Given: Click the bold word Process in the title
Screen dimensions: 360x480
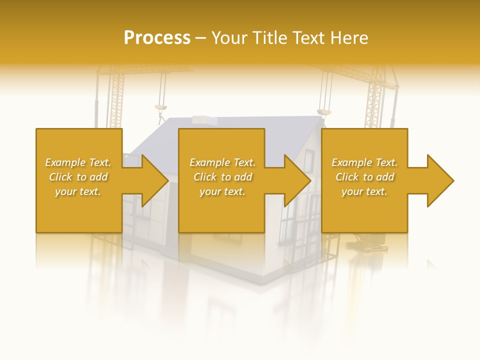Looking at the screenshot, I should tap(157, 37).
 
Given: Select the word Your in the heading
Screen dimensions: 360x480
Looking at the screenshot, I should tap(229, 37).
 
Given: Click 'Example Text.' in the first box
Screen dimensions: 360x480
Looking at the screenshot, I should tap(78, 162).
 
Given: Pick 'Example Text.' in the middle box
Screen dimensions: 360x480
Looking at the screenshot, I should tap(222, 162).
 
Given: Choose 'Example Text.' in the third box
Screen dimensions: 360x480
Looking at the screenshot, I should tap(364, 162).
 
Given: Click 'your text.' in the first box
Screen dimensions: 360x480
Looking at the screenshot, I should tap(78, 191).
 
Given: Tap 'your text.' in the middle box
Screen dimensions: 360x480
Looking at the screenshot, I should tap(222, 191).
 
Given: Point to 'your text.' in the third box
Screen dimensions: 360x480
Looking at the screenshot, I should tap(364, 191).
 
